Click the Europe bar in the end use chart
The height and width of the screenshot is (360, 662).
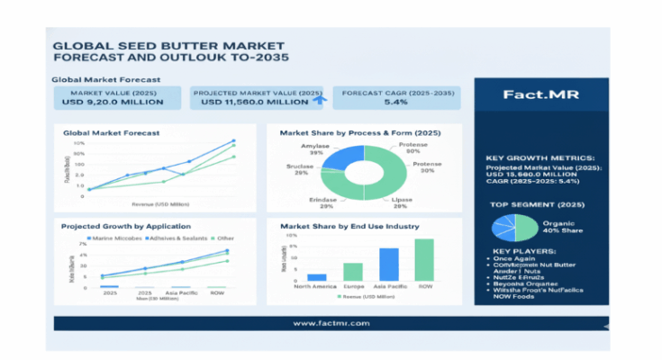(353, 272)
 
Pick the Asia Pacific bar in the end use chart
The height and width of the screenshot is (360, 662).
(389, 265)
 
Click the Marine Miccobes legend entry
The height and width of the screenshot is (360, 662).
(117, 238)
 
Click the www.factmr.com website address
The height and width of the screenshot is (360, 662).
(330, 322)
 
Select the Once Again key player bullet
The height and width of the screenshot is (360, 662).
(521, 258)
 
